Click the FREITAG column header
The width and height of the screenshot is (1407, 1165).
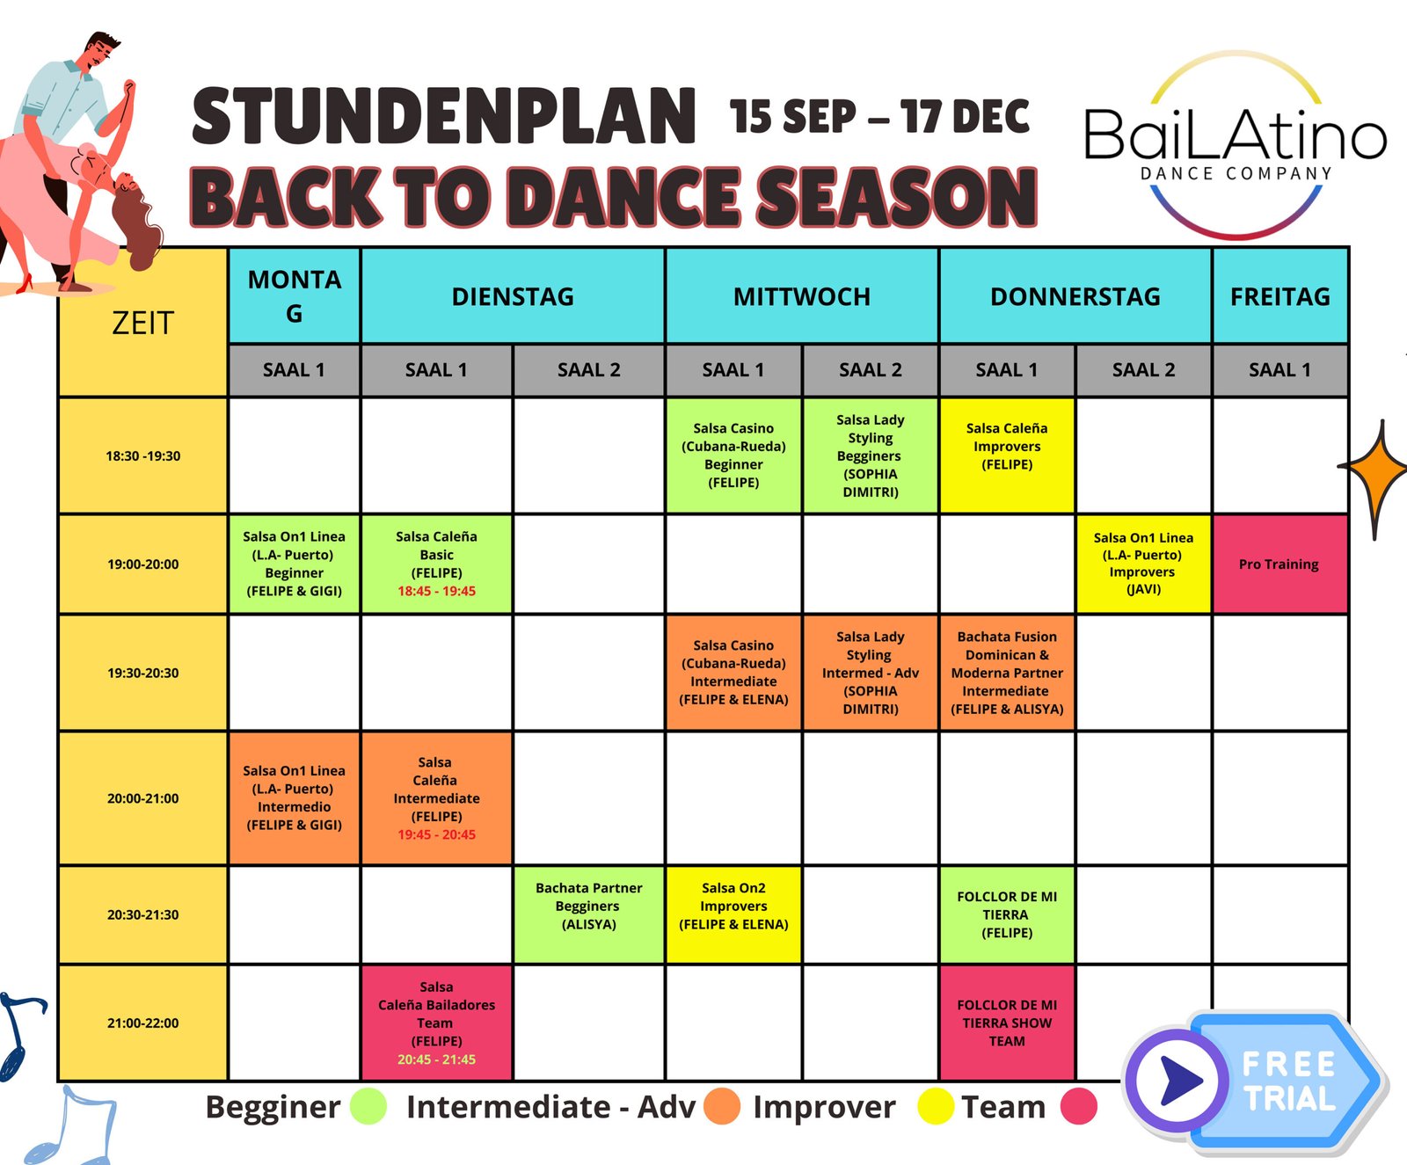(1279, 296)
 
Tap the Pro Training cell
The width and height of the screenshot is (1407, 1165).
(1279, 564)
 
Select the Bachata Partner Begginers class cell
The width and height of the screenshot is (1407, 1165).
(589, 914)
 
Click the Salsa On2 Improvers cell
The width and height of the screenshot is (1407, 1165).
(733, 914)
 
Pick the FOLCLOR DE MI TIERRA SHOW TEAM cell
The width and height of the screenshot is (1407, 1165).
(1007, 1023)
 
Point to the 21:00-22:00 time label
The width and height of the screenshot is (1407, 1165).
(143, 1023)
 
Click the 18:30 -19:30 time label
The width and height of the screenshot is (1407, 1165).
(143, 456)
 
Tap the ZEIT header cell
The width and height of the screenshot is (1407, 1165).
(143, 323)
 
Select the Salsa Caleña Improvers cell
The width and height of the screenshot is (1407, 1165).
(1007, 455)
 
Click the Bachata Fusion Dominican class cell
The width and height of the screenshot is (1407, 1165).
(1007, 673)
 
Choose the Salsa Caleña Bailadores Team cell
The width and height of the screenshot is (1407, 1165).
(436, 1023)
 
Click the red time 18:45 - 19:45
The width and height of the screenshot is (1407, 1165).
(436, 592)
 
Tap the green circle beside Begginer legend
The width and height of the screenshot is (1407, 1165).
(368, 1106)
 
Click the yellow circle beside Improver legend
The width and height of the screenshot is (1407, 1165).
(937, 1106)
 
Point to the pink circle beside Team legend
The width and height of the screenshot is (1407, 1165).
(1079, 1106)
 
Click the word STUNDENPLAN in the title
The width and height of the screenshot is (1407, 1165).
(444, 116)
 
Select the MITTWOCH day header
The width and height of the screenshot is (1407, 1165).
(802, 296)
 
